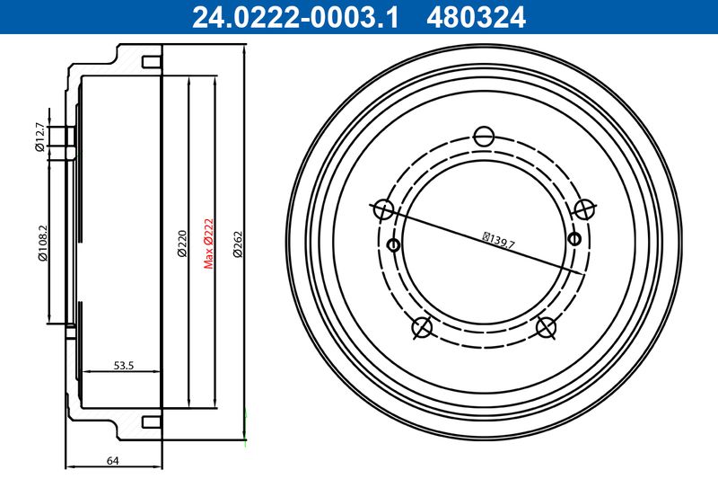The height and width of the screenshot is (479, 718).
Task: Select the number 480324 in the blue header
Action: coord(477,17)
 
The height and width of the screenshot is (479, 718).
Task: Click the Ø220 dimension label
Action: coord(181,244)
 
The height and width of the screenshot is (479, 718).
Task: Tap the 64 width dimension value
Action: coord(113,461)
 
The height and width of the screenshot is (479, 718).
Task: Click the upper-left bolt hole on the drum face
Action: coord(383,210)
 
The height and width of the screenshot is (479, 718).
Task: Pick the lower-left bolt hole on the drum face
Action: coord(422,328)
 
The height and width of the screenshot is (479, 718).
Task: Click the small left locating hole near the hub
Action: coord(391,244)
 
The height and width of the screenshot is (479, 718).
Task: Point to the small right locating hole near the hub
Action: coord(575,238)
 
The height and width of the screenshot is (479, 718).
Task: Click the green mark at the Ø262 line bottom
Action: coord(245,413)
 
